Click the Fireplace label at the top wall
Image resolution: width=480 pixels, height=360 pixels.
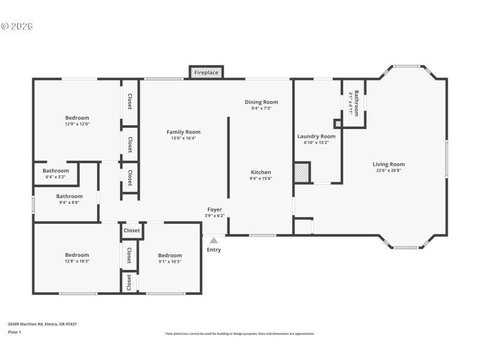[x=206, y=73]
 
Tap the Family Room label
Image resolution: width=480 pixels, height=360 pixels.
[x=184, y=132]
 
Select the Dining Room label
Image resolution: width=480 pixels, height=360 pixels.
[x=261, y=102]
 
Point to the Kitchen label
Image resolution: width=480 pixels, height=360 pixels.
[x=261, y=172]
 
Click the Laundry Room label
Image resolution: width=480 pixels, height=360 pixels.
[x=316, y=136]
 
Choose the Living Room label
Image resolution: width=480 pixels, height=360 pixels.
[x=389, y=164]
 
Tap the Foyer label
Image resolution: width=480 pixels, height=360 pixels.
[x=215, y=209]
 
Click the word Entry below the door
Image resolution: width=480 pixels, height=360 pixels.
[x=214, y=250]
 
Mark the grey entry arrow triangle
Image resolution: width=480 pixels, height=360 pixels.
[x=214, y=240]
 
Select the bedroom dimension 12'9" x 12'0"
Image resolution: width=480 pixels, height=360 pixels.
[x=77, y=124]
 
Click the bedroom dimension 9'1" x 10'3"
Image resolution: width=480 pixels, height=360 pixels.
[x=170, y=262]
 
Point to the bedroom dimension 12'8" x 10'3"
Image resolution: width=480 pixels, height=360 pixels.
[x=77, y=261]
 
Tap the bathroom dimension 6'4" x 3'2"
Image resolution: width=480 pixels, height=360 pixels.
[x=56, y=177]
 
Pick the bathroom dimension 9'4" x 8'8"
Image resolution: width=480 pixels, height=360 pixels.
[x=70, y=203]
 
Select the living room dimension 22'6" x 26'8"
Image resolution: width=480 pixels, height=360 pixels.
[x=389, y=170]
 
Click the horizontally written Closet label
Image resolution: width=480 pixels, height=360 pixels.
[x=132, y=230]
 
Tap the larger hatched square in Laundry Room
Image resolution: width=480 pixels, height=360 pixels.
[x=302, y=172]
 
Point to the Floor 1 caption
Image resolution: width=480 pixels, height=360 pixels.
[x=14, y=332]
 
